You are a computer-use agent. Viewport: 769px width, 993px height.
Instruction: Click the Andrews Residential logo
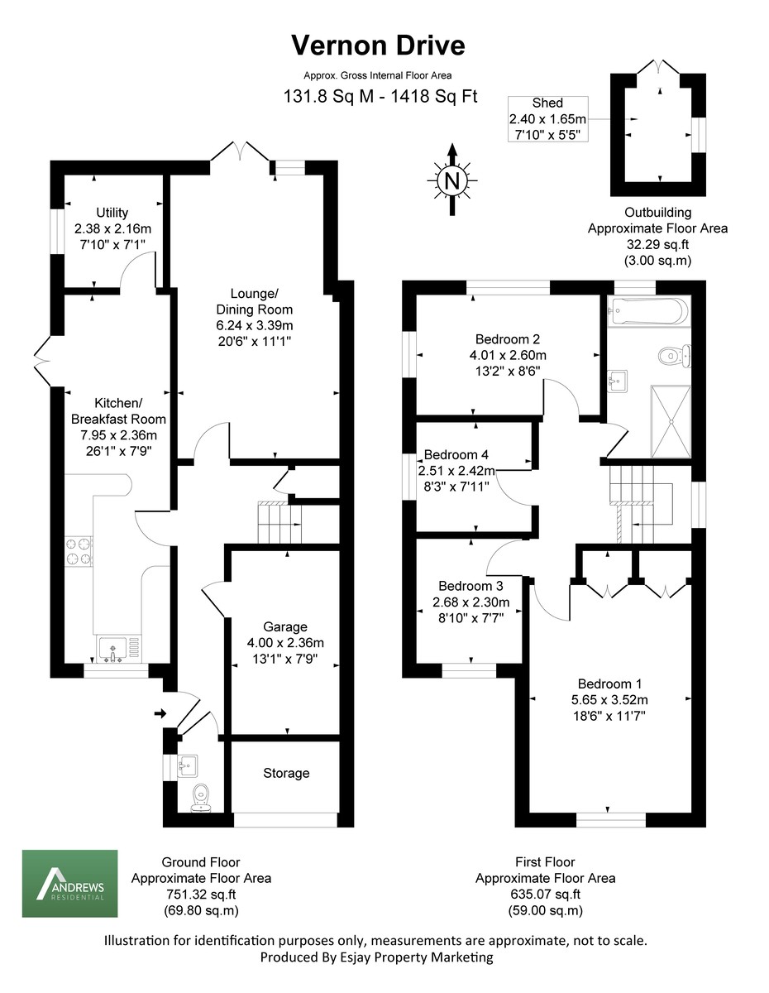[69, 883]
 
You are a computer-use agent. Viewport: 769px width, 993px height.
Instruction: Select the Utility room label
[112, 213]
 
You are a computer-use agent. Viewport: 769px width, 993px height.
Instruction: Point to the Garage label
[285, 626]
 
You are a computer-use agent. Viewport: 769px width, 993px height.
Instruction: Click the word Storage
[286, 773]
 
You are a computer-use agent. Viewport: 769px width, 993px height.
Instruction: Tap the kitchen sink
[112, 649]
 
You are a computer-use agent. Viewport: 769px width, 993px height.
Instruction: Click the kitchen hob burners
[78, 552]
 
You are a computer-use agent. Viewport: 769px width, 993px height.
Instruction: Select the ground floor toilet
[201, 797]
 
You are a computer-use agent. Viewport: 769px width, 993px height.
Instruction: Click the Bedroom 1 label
[609, 684]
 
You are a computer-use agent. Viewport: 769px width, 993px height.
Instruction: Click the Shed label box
[547, 118]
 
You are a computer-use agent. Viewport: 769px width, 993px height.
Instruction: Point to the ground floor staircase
[279, 523]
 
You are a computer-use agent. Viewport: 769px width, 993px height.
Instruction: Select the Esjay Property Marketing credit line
[376, 957]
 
